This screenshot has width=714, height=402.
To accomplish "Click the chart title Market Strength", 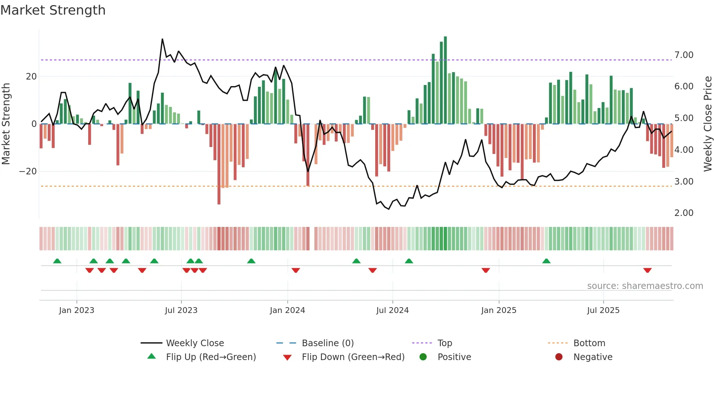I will coord(53,10).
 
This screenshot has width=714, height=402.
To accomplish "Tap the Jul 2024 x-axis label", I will coord(392,310).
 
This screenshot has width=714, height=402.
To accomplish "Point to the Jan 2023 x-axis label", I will coord(76,310).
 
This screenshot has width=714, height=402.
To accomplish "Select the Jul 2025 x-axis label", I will coord(603,310).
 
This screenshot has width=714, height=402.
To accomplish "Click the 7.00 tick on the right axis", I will coord(684,55).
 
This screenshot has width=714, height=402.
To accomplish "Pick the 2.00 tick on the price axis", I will coord(684,213).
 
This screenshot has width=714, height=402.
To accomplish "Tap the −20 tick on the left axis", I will coord(28,171).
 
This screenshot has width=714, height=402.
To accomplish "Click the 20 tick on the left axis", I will coord(31,77).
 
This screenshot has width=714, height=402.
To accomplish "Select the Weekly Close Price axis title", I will coord(707,124).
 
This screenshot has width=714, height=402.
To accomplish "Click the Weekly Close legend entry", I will coord(195,343).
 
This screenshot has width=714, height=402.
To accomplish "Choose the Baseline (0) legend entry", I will coord(327,343).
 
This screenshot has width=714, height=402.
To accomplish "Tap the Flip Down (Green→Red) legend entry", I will coord(353,357).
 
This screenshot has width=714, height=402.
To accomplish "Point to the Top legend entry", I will coord(444,343).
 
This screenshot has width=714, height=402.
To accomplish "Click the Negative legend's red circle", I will coord(559,357).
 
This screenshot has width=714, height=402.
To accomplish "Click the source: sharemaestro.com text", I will coord(645,286).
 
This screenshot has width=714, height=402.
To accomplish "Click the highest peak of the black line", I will coord(162,39).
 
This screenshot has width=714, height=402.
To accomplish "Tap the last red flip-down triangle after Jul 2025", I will coord(647,270).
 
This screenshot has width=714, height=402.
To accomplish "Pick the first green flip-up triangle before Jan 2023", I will coord(57,261).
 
